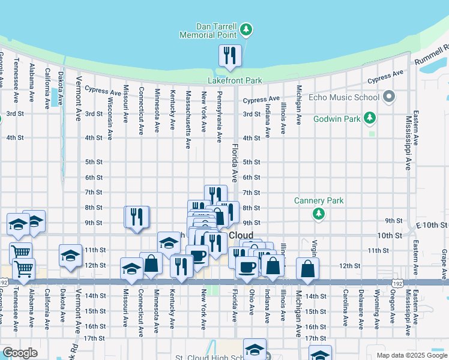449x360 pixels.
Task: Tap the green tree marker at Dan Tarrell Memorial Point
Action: [246, 30]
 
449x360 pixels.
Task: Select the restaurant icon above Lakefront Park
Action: [230, 56]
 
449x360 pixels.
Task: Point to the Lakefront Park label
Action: [235, 80]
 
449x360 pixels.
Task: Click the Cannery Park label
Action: [319, 200]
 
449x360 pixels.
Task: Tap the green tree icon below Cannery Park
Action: [319, 214]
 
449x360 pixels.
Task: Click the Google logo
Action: [20, 353]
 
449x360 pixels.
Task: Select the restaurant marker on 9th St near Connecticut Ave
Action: [136, 217]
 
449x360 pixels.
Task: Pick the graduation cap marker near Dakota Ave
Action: [70, 255]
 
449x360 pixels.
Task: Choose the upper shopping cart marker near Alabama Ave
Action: [20, 253]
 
